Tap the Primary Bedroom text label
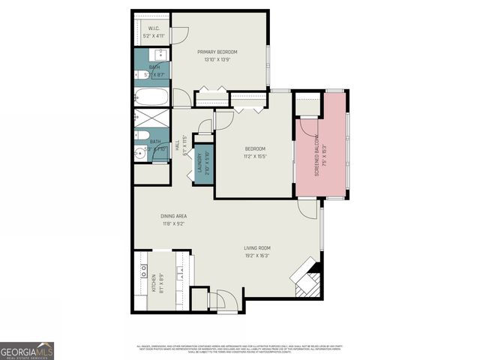(x=217, y=52)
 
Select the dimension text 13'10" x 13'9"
(x=217, y=59)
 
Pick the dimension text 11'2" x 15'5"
(x=254, y=157)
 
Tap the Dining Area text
(x=172, y=216)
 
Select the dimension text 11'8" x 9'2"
(x=172, y=223)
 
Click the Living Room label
(x=256, y=247)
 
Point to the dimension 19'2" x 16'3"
(x=256, y=255)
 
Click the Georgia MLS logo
(x=27, y=350)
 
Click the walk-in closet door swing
(x=180, y=34)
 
